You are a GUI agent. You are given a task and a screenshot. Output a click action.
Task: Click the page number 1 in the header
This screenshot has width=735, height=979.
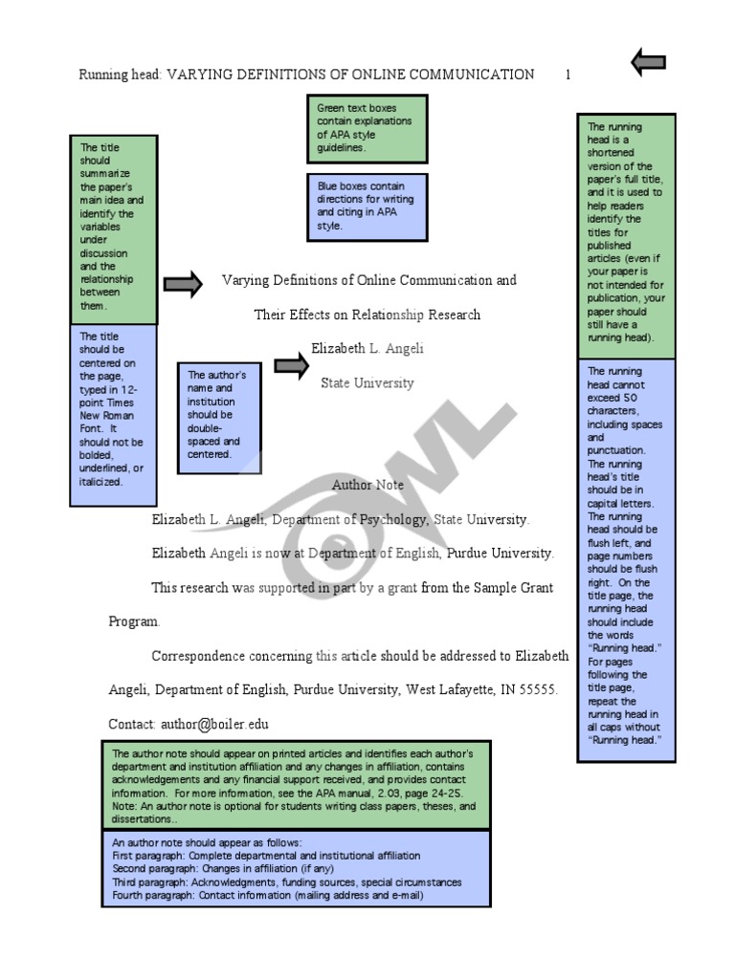click(568, 75)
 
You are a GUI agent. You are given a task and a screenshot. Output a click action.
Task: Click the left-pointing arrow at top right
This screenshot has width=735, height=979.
click(648, 63)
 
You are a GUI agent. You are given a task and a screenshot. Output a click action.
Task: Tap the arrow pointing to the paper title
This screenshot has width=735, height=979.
click(183, 283)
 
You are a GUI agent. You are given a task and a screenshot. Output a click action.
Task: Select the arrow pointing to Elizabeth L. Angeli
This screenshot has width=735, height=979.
click(291, 364)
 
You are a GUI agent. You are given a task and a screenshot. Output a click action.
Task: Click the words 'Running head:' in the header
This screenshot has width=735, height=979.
click(121, 75)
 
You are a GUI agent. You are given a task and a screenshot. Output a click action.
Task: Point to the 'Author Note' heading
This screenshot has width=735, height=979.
click(367, 485)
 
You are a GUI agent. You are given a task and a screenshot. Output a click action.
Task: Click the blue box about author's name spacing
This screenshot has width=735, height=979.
click(218, 416)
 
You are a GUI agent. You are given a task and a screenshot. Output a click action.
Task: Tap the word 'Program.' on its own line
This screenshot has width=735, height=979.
click(134, 621)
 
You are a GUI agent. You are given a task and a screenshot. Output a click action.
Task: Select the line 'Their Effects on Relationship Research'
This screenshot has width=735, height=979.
click(367, 315)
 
